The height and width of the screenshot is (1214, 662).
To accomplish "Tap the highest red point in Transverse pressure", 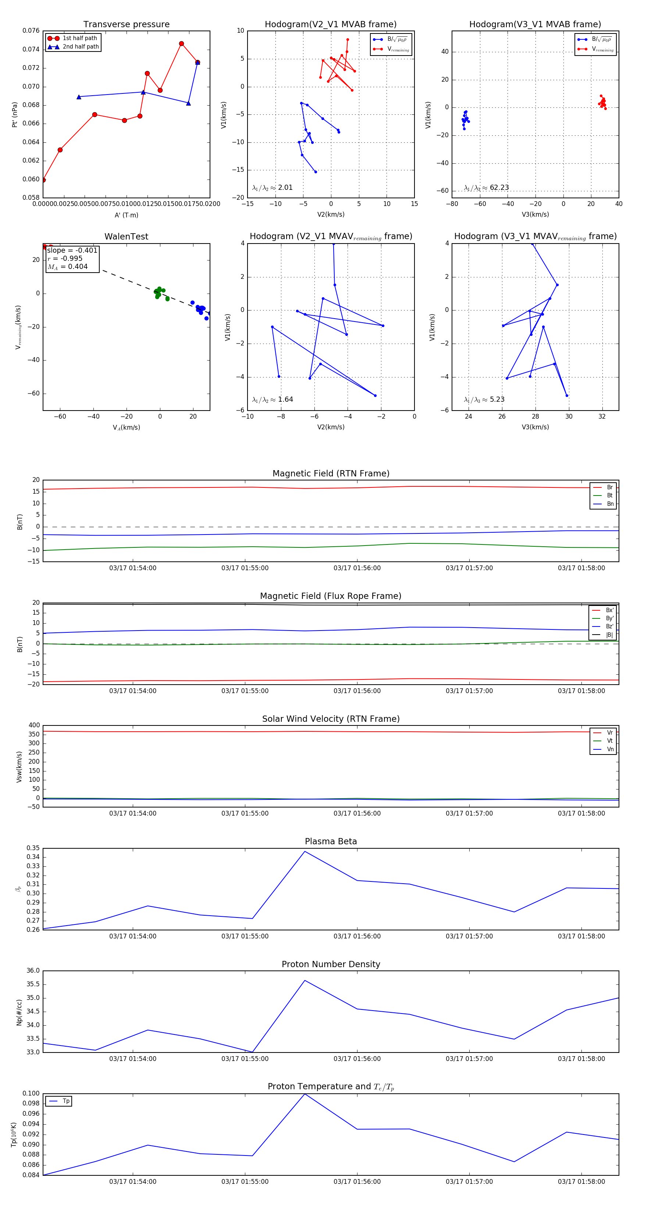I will pyautogui.click(x=181, y=44).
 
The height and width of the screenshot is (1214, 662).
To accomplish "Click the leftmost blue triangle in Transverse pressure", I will pyautogui.click(x=79, y=97).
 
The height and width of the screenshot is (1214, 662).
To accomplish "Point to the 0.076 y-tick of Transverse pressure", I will pyautogui.click(x=31, y=31).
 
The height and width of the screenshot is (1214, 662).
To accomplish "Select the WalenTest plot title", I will pyautogui.click(x=126, y=237).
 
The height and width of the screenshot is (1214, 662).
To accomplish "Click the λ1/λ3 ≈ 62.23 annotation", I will pyautogui.click(x=486, y=188).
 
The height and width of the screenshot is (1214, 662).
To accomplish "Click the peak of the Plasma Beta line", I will pyautogui.click(x=305, y=852).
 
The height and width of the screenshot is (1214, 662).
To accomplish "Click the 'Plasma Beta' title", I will pyautogui.click(x=331, y=842).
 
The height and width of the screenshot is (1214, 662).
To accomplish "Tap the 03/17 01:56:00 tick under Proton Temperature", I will pyautogui.click(x=357, y=1182).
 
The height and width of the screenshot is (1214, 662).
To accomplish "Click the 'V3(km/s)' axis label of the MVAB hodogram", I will pyautogui.click(x=535, y=214).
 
